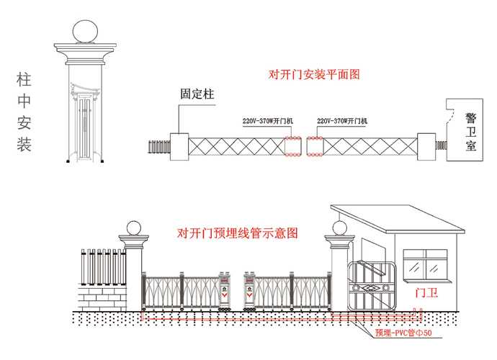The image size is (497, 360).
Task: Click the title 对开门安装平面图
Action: [314, 74]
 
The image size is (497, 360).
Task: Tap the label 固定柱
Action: [194, 94]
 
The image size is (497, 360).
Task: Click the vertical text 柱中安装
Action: [24, 112]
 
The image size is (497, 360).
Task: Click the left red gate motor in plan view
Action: [294, 146]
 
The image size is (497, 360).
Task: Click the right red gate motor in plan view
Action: [315, 146]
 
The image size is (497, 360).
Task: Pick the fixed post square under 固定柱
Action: [179, 145]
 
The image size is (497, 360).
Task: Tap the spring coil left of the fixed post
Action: [157, 146]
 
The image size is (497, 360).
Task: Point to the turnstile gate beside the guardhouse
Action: [371, 287]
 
